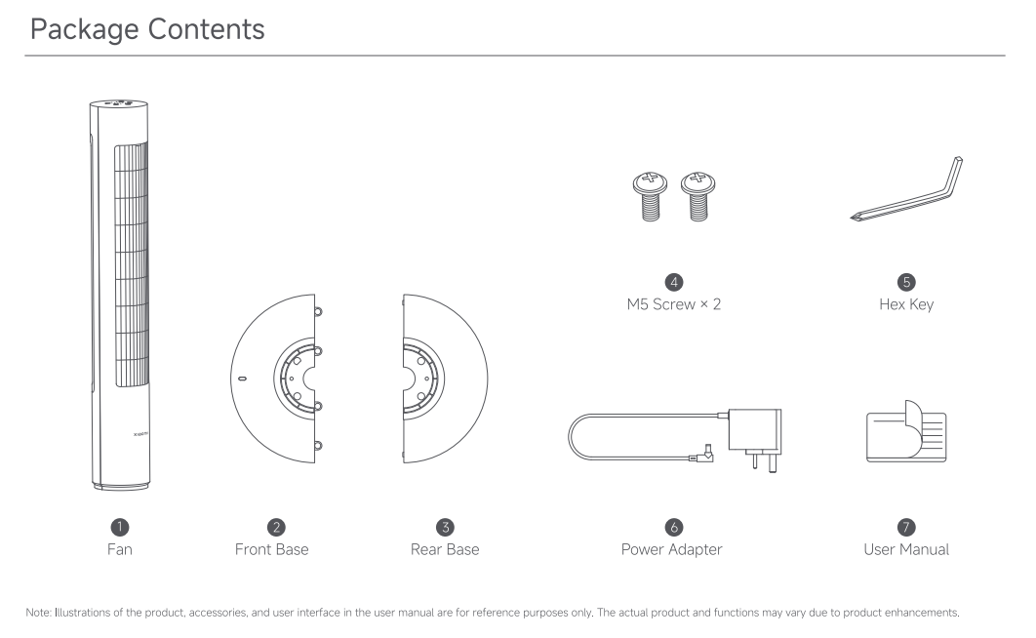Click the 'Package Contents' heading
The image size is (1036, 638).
click(x=147, y=29)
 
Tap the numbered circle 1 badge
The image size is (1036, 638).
click(x=120, y=527)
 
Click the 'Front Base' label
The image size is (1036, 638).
click(x=271, y=549)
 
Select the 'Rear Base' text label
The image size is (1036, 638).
click(x=445, y=549)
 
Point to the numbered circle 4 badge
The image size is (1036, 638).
click(x=674, y=282)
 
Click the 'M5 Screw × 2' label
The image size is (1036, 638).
click(x=674, y=304)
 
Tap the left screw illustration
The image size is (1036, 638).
click(x=650, y=196)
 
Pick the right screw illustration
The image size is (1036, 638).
click(x=698, y=196)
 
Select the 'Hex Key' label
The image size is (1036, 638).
click(x=906, y=304)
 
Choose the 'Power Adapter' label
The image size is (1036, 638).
click(x=671, y=549)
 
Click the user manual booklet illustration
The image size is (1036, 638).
click(x=906, y=431)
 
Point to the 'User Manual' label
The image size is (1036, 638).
click(x=906, y=549)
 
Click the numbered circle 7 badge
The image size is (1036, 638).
click(x=906, y=527)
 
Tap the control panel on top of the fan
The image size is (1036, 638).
click(x=119, y=103)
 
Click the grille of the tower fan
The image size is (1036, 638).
click(x=132, y=264)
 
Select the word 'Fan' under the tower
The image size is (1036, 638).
click(x=120, y=549)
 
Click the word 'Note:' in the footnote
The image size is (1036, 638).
click(x=38, y=613)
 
